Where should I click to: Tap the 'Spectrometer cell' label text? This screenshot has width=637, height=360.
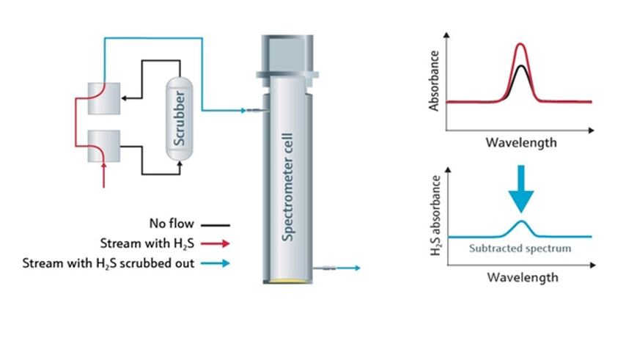click(x=287, y=187)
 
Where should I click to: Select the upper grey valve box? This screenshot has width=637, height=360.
click(x=104, y=98)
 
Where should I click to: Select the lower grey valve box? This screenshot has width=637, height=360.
click(x=104, y=147)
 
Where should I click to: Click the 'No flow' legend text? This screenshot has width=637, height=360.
click(x=172, y=224)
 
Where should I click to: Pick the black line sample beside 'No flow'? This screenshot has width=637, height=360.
click(x=216, y=224)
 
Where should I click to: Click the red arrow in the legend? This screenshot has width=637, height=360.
click(x=216, y=244)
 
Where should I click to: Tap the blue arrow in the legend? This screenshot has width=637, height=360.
click(x=216, y=263)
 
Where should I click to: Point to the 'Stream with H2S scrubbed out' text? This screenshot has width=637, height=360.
click(x=108, y=263)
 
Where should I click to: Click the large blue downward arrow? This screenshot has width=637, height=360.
click(x=521, y=188)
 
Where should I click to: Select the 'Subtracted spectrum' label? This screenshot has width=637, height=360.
click(x=520, y=249)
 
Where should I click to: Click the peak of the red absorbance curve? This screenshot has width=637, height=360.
click(x=520, y=44)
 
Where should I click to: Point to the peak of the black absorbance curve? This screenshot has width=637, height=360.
click(x=520, y=65)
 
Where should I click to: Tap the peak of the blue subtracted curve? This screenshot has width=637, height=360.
click(x=522, y=221)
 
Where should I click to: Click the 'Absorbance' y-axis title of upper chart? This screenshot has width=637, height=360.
click(x=434, y=81)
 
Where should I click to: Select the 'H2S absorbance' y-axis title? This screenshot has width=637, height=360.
click(x=435, y=216)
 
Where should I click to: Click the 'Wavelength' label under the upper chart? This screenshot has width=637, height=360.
click(x=521, y=143)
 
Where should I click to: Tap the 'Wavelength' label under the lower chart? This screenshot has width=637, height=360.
click(x=523, y=278)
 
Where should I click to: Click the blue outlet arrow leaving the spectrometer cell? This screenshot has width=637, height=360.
click(x=336, y=268)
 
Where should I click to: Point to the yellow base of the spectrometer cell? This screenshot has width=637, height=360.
click(x=287, y=281)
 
